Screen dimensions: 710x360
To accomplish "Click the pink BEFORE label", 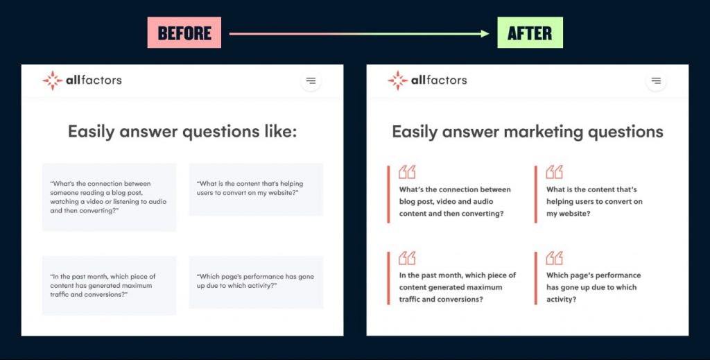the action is coord(184,33).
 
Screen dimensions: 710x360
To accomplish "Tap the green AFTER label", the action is coord(530,33).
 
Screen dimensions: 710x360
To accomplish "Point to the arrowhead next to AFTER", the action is coord(485,33).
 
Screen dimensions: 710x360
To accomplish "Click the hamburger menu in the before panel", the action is coord(311,80).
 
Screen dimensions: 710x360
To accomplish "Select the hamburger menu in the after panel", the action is coord(656,80).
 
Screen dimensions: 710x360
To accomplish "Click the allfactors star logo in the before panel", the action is coord(53,80).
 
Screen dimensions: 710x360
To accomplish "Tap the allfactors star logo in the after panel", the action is coord(397,80).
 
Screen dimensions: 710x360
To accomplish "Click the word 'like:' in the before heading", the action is coord(281,131).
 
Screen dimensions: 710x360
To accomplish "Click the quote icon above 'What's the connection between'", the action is coord(407,172).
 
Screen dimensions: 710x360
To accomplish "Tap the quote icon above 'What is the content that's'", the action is coord(554,172).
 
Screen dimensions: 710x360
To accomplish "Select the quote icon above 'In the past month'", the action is coord(407,258).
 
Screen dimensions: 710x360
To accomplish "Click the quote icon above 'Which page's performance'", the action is coord(554,258).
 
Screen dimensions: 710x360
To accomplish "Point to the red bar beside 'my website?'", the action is coord(536,194).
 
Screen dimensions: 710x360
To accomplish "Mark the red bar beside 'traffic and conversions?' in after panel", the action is coord(388,278).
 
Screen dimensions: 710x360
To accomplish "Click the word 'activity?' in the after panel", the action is coord(562,300).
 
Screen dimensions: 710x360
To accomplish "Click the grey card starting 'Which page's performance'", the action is coord(256,282).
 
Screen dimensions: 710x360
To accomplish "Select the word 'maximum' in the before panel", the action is coord(136,285).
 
